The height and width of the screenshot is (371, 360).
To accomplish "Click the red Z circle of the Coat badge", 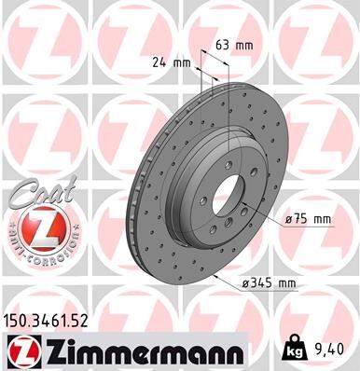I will pos(35,227).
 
